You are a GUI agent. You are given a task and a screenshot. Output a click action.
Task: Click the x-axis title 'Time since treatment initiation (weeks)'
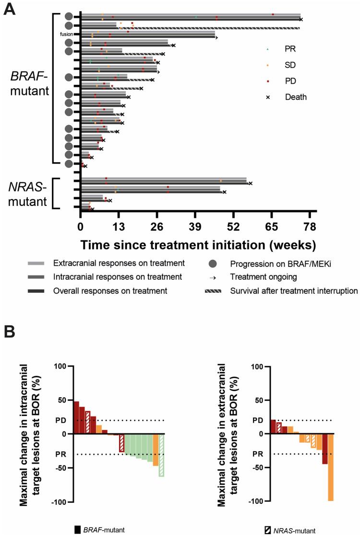198,244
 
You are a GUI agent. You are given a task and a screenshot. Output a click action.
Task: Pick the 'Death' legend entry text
296,97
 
